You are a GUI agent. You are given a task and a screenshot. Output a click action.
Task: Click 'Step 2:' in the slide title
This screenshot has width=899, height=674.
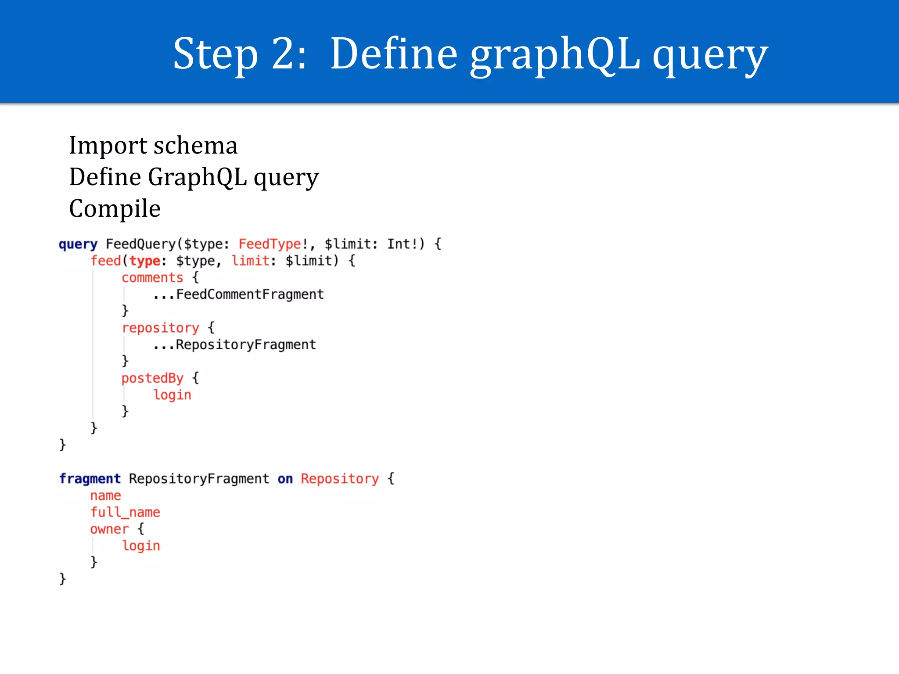coord(239,54)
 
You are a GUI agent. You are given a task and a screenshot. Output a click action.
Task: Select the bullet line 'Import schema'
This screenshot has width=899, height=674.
coord(153,145)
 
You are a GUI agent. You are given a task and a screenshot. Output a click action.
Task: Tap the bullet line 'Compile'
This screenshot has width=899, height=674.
coord(115,208)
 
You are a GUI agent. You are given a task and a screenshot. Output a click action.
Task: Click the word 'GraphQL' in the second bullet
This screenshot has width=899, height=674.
coord(197,177)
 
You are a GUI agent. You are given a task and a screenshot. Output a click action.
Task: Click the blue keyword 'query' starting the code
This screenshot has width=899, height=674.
coord(78,244)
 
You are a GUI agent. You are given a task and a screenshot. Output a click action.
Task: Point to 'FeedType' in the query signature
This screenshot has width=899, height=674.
coord(270,244)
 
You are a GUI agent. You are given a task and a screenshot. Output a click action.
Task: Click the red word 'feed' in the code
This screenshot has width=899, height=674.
coord(105,261)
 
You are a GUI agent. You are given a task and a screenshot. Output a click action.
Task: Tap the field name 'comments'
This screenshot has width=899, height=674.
coord(152,277)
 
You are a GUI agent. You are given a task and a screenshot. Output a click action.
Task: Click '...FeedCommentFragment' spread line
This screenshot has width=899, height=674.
coord(238,294)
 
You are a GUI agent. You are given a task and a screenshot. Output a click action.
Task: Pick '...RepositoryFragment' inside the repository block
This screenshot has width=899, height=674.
coord(234,344)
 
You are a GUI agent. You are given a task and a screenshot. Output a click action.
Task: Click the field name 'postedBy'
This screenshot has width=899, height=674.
coord(152,378)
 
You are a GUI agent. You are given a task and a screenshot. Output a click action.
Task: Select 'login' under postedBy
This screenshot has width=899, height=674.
coord(172,394)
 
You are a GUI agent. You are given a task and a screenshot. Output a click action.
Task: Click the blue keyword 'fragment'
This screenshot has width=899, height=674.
coord(90,478)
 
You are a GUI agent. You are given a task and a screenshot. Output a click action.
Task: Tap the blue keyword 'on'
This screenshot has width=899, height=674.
coord(285,478)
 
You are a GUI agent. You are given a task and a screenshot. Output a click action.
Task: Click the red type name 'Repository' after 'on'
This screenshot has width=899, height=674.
coord(339,478)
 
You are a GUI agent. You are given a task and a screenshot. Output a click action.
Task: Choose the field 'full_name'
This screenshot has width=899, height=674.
coord(125,512)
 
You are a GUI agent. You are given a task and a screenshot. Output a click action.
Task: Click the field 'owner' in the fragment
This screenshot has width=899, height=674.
coord(109,529)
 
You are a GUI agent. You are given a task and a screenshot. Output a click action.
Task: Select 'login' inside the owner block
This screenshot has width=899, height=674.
coord(141,545)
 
